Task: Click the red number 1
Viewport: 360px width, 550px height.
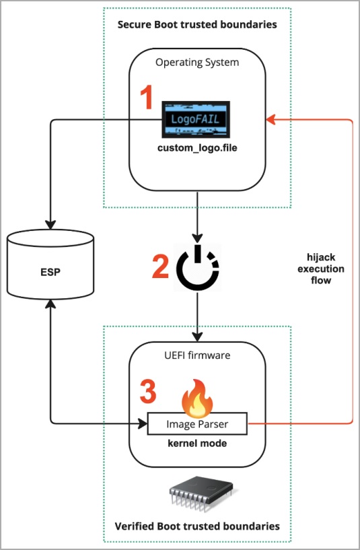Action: [x=146, y=97]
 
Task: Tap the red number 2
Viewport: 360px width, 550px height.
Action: [x=161, y=266]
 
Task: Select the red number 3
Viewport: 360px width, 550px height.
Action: [x=148, y=390]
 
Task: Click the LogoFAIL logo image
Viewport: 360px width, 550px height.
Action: [x=196, y=120]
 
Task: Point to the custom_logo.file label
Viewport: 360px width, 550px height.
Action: [x=197, y=147]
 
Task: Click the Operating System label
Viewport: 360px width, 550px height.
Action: [x=197, y=63]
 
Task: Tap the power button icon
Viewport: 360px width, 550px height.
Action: [x=198, y=267]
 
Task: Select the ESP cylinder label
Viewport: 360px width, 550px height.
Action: [x=50, y=272]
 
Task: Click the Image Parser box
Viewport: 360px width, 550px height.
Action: [x=197, y=423]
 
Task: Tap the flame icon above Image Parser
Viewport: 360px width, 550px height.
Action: [x=197, y=397]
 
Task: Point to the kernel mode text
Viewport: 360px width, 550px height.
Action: [x=197, y=444]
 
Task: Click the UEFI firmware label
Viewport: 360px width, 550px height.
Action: [x=197, y=355]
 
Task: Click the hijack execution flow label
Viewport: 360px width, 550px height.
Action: [x=321, y=269]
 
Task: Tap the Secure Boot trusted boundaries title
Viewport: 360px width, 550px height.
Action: [x=197, y=24]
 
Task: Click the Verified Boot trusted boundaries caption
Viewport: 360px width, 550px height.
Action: [x=197, y=526]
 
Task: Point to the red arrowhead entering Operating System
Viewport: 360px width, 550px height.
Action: [x=271, y=120]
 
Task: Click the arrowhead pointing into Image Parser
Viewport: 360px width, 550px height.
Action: [x=143, y=423]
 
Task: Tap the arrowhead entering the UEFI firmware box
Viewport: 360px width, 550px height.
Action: [x=197, y=337]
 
